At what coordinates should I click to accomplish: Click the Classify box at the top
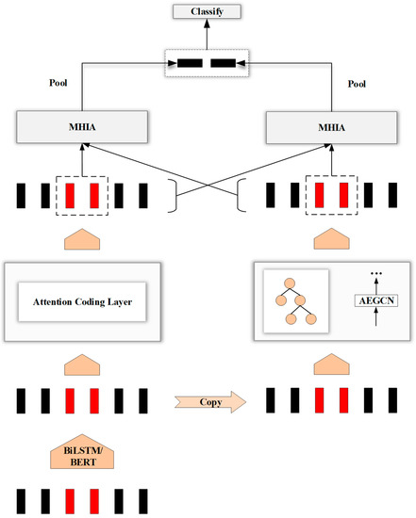tap(208, 12)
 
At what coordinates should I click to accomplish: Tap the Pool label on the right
tap(357, 82)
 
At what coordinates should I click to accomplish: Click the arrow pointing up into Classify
tap(208, 34)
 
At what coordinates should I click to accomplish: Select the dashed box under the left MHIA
tap(81, 196)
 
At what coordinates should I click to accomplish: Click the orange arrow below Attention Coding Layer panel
tap(81, 362)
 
